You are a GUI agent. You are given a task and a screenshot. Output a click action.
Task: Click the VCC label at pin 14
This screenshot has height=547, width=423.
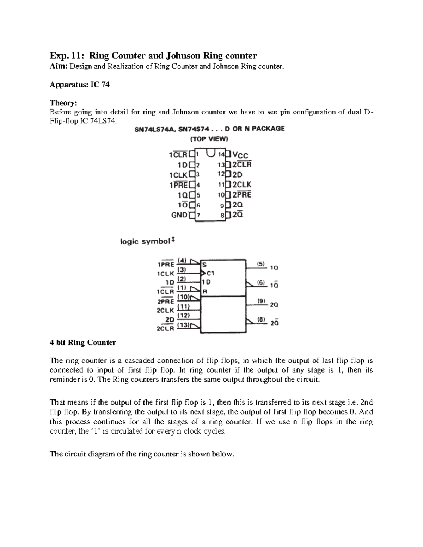240,155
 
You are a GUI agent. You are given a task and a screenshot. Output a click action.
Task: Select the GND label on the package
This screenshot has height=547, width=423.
179,215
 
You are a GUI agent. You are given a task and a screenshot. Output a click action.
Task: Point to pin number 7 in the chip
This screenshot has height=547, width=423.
198,215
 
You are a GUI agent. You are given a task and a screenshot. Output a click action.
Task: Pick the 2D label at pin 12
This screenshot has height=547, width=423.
238,174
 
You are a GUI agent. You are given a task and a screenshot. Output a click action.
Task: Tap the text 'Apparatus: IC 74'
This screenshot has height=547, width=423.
80,85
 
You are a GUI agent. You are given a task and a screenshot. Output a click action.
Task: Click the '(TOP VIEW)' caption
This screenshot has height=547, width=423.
209,139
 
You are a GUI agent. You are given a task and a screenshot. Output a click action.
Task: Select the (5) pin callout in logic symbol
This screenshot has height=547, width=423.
260,263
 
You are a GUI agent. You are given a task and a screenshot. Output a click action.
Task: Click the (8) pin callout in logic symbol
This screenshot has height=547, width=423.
261,319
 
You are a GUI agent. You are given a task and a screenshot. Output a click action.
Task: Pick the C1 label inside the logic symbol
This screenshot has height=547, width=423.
210,273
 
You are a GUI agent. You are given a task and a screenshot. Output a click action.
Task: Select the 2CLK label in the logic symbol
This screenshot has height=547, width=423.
165,311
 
